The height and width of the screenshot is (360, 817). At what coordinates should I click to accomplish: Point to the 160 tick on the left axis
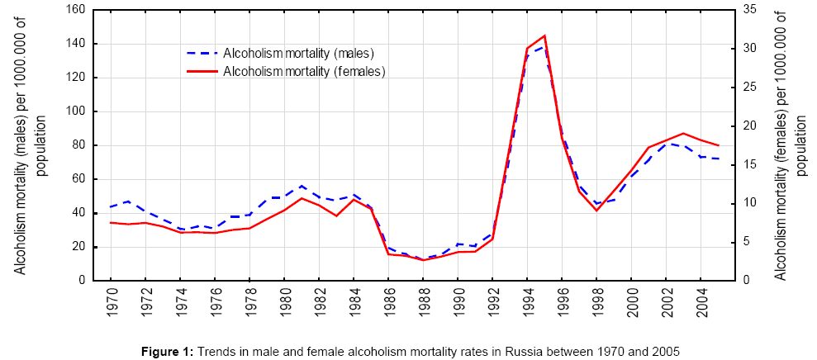[76, 10]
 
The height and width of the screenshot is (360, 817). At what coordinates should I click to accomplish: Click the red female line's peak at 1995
[544, 36]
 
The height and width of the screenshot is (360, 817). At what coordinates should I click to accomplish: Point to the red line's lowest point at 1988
[423, 260]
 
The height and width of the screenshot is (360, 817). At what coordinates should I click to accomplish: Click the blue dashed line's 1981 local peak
[302, 186]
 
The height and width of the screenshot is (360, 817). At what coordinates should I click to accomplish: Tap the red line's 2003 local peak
[683, 133]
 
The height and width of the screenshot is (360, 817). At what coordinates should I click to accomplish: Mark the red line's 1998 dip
[596, 211]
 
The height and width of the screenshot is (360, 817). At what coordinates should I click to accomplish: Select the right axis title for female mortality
[790, 144]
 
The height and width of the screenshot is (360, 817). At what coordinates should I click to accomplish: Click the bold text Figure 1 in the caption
[167, 351]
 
